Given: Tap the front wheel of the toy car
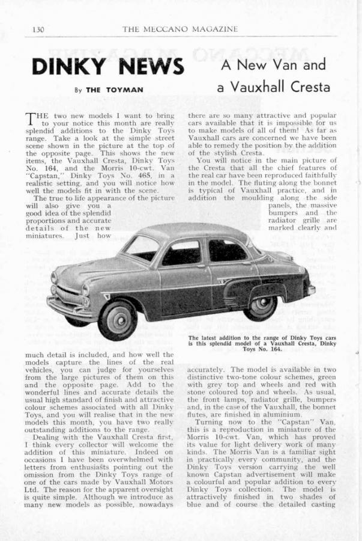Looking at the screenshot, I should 117,318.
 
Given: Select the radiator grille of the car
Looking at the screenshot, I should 68,296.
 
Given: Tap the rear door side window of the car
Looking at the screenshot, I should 227,250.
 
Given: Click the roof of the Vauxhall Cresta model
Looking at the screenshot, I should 192,231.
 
